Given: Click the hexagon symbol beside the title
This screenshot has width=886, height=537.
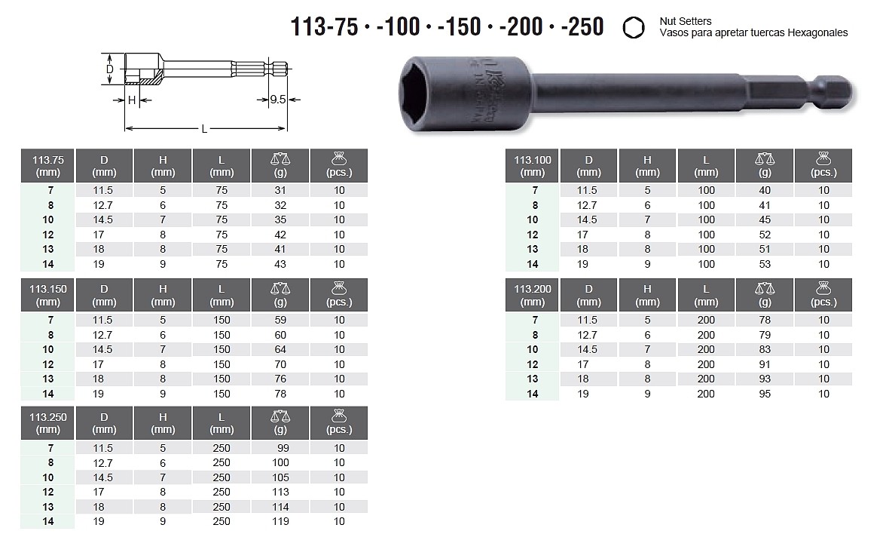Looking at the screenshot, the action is pos(634,27).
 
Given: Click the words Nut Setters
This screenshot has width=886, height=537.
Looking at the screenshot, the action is pos(686,21).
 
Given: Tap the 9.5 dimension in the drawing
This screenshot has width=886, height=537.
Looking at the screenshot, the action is pos(277,100).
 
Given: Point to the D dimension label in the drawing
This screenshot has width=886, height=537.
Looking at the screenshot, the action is pos(110,69).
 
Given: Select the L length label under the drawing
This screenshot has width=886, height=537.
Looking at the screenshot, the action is pos(205,129).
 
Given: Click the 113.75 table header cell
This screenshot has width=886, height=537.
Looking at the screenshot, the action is pos(47,166).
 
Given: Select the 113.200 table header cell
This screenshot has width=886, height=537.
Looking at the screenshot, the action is pos(532,295).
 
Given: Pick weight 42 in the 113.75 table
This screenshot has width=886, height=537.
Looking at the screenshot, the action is pos(280,235).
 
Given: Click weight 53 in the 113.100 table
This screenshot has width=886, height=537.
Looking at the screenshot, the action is pos(765,264).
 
